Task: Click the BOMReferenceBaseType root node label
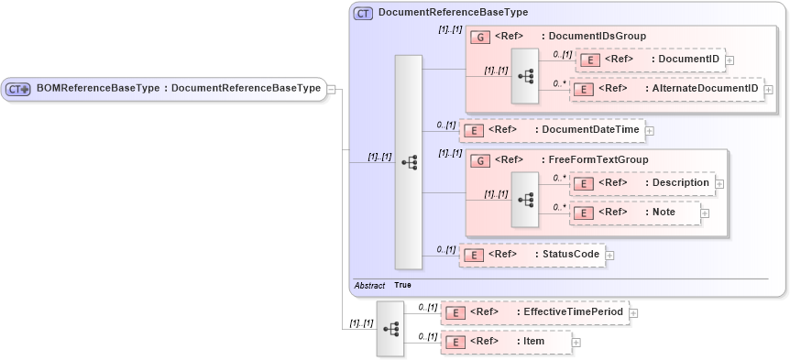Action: [178, 89]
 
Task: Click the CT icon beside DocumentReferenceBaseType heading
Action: [363, 14]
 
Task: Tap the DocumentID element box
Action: [649, 60]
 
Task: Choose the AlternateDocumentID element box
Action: [667, 89]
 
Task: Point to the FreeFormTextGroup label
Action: [595, 159]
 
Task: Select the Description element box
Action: [642, 183]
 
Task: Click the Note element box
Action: [634, 213]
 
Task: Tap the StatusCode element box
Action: [532, 254]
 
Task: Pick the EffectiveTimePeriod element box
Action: [534, 312]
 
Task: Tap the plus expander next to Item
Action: [576, 343]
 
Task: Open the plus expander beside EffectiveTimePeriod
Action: [633, 313]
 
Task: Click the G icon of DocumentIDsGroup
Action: [480, 37]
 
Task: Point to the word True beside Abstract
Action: [402, 286]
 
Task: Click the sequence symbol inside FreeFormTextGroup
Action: [525, 198]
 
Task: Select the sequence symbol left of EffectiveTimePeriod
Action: [390, 328]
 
